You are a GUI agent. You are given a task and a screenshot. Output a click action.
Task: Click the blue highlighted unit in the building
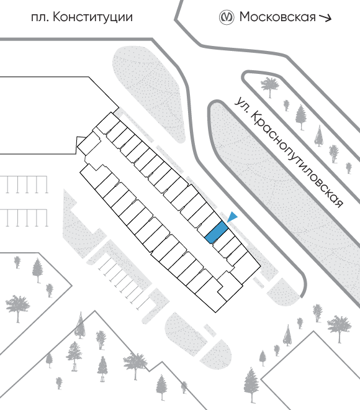click(x=217, y=232)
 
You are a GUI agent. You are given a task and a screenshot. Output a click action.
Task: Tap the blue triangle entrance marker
click(x=232, y=217)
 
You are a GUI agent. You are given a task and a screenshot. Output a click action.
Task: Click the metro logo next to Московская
click(x=226, y=17)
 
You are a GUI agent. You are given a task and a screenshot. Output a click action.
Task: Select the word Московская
click(x=277, y=17)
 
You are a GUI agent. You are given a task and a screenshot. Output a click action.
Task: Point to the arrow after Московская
click(x=325, y=17)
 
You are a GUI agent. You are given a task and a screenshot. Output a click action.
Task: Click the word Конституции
click(x=92, y=17)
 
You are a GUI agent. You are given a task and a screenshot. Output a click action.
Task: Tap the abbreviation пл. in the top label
click(x=40, y=18)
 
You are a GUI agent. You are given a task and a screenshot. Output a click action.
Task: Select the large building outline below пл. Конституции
click(x=60, y=116)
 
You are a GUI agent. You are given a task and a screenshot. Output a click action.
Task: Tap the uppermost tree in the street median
click(x=270, y=86)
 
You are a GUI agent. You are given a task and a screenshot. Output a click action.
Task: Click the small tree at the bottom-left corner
click(x=59, y=383)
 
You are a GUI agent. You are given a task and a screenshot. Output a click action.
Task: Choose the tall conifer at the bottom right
click(x=251, y=385)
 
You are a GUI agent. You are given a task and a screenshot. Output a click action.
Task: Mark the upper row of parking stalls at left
click(x=24, y=184)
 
